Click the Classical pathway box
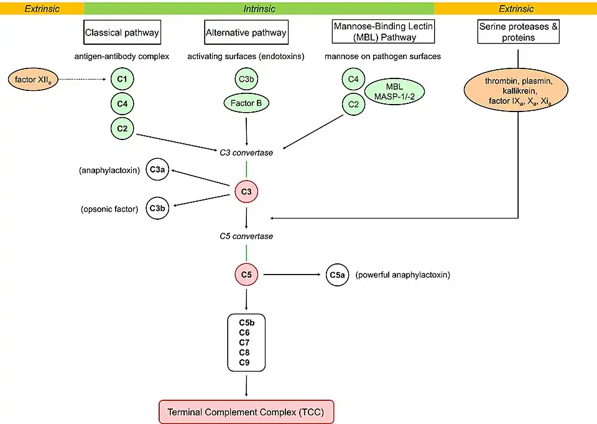point(122,32)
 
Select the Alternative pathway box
point(246,32)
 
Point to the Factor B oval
point(246,103)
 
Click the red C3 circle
point(246,192)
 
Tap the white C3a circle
point(157,169)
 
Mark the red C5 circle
point(246,273)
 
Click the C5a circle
point(337,274)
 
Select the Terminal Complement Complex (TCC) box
point(247,412)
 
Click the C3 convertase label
point(246,153)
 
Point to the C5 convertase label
point(246,236)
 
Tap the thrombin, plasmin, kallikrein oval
point(517,91)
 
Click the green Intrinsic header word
point(259,9)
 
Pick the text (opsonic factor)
point(109,209)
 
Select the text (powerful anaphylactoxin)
point(402,274)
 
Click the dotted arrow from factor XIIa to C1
point(84,80)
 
